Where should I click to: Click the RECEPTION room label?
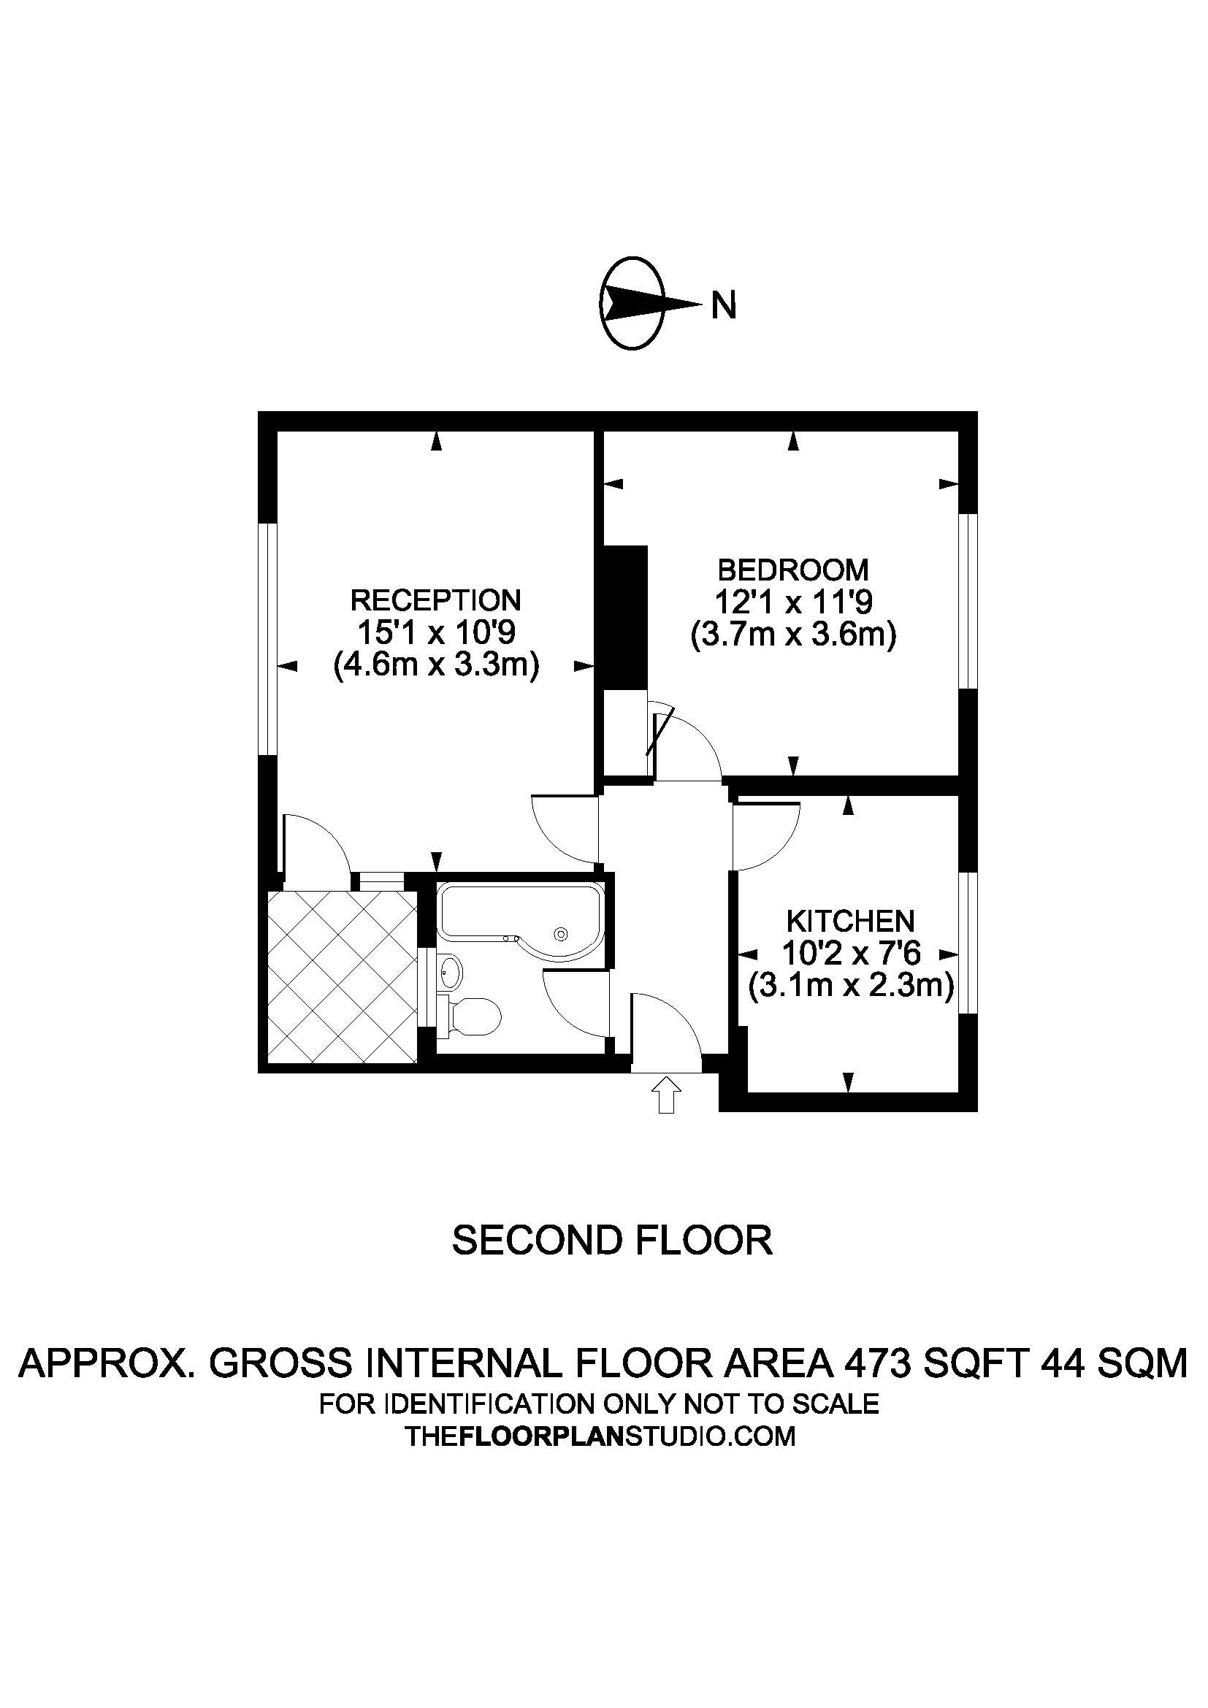point(435,600)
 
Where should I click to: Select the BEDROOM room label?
point(793,570)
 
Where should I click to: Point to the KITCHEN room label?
point(850,922)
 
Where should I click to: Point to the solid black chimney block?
point(624,618)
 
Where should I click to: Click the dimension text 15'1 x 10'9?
point(436,632)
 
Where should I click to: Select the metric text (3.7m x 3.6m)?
point(793,635)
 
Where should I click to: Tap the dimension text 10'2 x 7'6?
point(851,954)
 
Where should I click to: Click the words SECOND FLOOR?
point(612,1239)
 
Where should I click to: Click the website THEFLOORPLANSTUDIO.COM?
point(600,1435)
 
